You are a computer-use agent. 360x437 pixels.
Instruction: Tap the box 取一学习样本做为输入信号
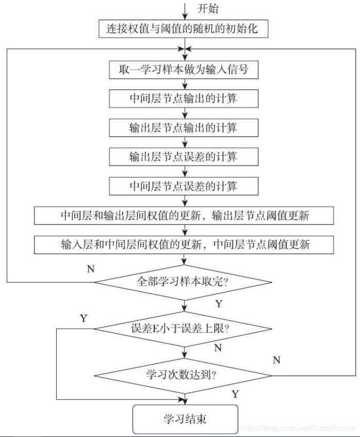click(x=184, y=69)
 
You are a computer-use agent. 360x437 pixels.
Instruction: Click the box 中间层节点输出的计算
click(x=184, y=98)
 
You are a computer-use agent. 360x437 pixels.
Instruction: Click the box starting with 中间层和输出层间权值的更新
click(x=184, y=215)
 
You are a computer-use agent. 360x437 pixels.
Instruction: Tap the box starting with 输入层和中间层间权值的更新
click(x=184, y=244)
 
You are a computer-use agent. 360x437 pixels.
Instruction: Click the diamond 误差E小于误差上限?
click(x=184, y=328)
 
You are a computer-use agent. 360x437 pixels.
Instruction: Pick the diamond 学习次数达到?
click(x=184, y=375)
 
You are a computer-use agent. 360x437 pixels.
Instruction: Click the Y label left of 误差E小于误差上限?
click(x=83, y=318)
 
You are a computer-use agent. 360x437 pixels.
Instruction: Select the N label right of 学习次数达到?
click(x=277, y=360)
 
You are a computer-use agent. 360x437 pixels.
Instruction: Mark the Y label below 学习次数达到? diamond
click(x=235, y=394)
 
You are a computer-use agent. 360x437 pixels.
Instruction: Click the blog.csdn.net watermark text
click(x=298, y=429)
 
